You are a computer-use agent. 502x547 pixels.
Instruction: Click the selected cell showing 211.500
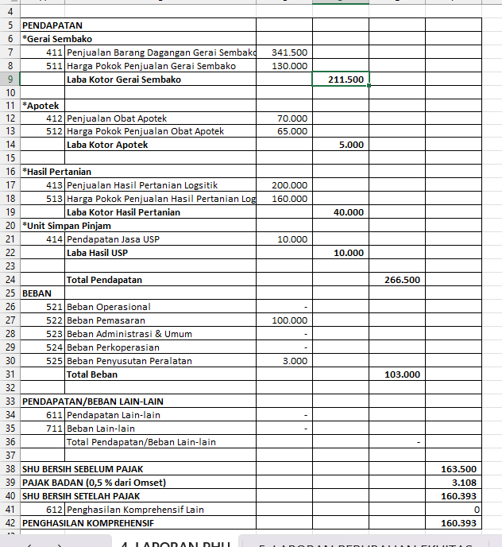[341, 80]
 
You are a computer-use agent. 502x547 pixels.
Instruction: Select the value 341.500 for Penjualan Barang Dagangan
[289, 52]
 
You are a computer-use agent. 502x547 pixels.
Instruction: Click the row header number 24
[10, 280]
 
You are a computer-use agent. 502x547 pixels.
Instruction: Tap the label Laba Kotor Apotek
[107, 145]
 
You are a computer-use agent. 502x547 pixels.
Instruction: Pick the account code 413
[54, 185]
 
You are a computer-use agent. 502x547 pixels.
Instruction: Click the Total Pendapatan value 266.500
[402, 280]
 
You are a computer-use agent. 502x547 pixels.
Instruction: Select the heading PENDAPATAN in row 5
[52, 25]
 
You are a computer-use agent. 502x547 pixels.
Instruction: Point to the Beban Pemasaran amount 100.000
[289, 320]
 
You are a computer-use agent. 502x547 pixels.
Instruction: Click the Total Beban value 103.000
[402, 374]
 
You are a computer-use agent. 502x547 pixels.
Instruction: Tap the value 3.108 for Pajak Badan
[464, 483]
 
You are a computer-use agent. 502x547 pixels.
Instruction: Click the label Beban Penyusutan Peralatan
[129, 361]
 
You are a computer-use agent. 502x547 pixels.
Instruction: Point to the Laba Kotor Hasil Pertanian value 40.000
[348, 212]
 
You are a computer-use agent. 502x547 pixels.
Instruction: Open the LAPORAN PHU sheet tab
[176, 542]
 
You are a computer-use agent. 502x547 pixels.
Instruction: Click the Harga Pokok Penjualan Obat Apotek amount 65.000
[292, 131]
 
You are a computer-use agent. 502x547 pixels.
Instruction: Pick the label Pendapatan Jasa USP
[113, 239]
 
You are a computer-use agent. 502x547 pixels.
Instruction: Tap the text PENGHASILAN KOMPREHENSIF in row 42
[87, 523]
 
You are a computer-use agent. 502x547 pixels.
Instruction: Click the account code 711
[54, 429]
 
